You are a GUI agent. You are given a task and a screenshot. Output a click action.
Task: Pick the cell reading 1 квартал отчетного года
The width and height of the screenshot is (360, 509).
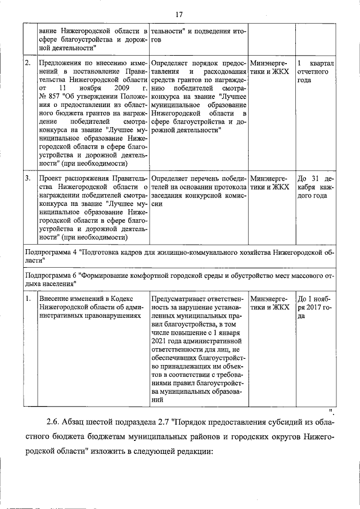[x=315, y=71]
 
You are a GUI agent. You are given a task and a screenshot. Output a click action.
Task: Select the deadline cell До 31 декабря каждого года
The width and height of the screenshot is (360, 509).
[x=315, y=187]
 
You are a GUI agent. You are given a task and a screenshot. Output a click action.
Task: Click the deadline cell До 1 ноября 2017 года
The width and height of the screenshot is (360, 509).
[x=315, y=307]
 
